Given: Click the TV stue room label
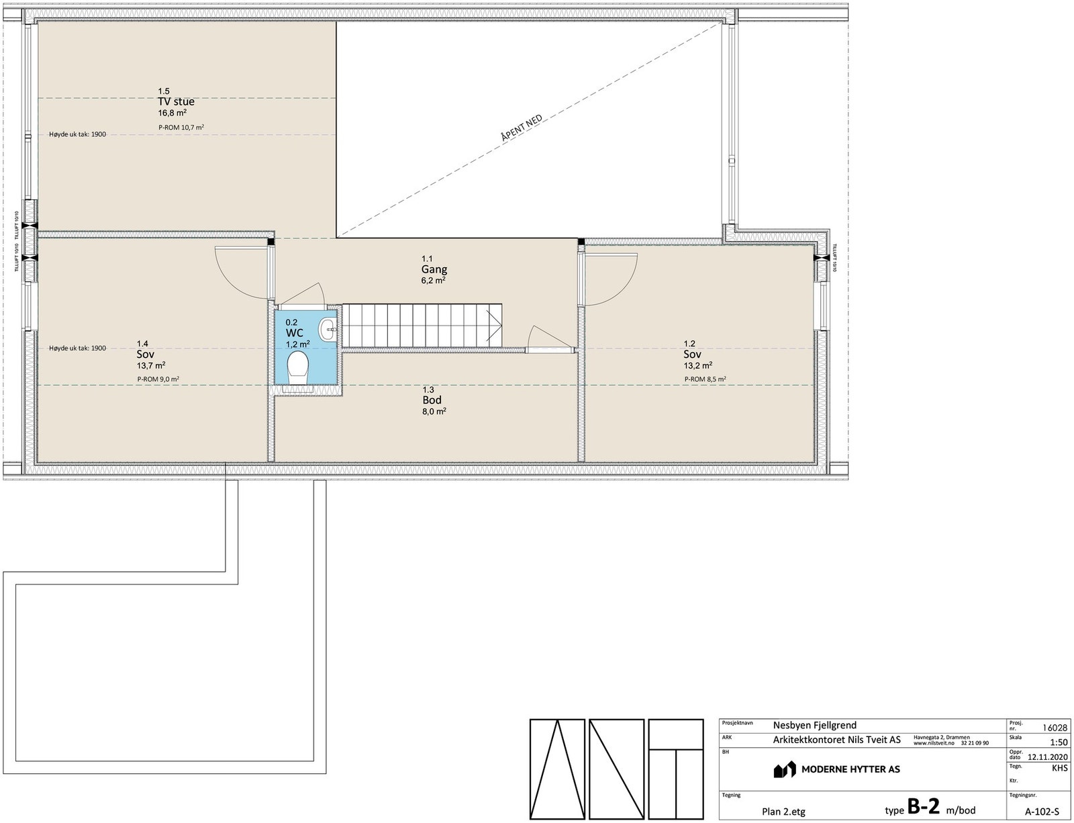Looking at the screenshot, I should pyautogui.click(x=176, y=102).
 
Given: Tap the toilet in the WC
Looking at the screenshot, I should pyautogui.click(x=297, y=369).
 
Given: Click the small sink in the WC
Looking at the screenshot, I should pyautogui.click(x=328, y=328).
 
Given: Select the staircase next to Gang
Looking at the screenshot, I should pyautogui.click(x=423, y=326).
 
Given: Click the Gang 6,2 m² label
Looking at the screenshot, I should pyautogui.click(x=434, y=270).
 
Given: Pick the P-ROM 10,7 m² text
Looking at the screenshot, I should pyautogui.click(x=181, y=128).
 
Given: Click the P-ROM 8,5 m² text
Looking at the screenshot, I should pyautogui.click(x=705, y=379).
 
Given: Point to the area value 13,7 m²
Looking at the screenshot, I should pyautogui.click(x=151, y=365).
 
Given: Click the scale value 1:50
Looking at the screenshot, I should pyautogui.click(x=1058, y=743).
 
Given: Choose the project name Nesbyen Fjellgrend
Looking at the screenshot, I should pyautogui.click(x=814, y=726).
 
